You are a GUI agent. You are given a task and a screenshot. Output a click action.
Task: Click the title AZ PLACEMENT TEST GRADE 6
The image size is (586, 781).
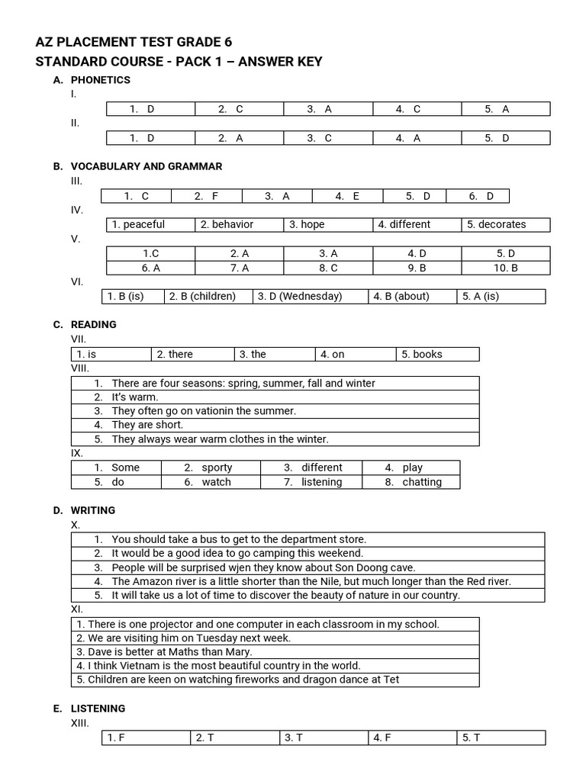click(134, 42)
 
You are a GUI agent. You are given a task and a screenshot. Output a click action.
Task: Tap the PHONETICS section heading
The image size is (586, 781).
click(100, 80)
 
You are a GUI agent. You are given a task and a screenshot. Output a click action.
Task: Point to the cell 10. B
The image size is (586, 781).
click(505, 268)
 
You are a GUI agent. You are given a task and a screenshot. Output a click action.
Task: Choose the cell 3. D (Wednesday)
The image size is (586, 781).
click(300, 296)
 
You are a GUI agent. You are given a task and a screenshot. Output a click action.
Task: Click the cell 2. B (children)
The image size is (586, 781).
click(202, 296)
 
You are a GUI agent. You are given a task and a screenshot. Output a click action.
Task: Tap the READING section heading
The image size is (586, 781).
click(93, 324)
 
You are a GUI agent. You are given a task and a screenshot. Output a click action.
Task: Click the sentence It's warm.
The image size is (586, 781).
click(135, 397)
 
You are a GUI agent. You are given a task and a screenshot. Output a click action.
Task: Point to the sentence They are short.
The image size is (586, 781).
click(147, 425)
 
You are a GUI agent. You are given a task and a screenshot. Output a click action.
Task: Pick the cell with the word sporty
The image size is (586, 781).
click(217, 468)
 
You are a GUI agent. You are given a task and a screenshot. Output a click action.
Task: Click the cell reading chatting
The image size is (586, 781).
click(422, 482)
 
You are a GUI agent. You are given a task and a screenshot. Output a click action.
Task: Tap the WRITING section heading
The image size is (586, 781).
click(93, 510)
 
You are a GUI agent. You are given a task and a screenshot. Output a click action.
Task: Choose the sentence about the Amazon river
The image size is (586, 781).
click(311, 581)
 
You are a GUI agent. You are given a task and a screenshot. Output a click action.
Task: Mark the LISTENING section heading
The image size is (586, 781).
click(98, 709)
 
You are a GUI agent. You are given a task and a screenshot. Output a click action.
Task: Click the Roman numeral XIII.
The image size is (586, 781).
click(80, 722)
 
